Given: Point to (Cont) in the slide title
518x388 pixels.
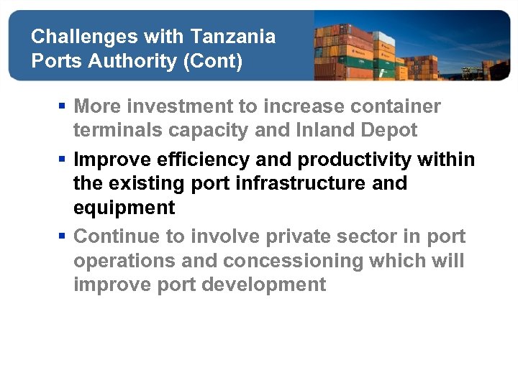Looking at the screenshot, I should (x=214, y=61).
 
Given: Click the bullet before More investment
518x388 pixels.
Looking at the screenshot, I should (x=63, y=107).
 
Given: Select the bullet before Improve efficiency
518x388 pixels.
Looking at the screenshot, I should (x=63, y=160).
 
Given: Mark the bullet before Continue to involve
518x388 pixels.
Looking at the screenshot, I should (x=63, y=236).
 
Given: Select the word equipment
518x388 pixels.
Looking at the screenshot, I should (x=124, y=208).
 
